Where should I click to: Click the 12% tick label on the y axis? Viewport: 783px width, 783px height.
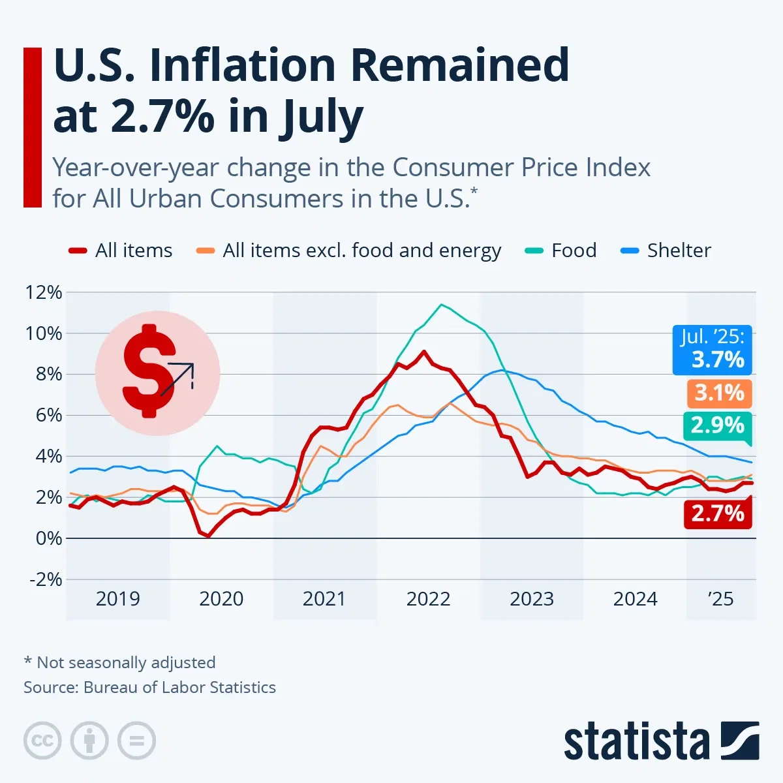pyautogui.click(x=44, y=292)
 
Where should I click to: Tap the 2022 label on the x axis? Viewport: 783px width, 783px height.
pyautogui.click(x=428, y=599)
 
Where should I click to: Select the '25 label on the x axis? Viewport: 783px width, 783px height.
pyautogui.click(x=720, y=599)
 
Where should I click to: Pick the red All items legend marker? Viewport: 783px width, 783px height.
pyautogui.click(x=78, y=251)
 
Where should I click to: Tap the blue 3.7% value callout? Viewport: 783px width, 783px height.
pyautogui.click(x=713, y=350)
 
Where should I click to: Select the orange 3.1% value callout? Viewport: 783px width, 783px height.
pyautogui.click(x=719, y=393)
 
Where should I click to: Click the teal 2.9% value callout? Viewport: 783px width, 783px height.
pyautogui.click(x=717, y=425)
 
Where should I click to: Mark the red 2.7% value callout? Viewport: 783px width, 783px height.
pyautogui.click(x=718, y=514)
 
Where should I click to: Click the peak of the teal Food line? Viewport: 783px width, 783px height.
pyautogui.click(x=442, y=305)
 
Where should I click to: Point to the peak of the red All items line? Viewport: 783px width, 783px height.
pyautogui.click(x=424, y=352)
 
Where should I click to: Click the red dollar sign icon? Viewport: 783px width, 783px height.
pyautogui.click(x=151, y=370)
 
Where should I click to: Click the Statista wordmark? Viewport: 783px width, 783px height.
pyautogui.click(x=636, y=741)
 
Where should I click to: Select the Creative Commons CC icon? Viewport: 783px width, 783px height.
pyautogui.click(x=42, y=741)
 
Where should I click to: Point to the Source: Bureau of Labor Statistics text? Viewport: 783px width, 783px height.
pyautogui.click(x=149, y=687)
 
